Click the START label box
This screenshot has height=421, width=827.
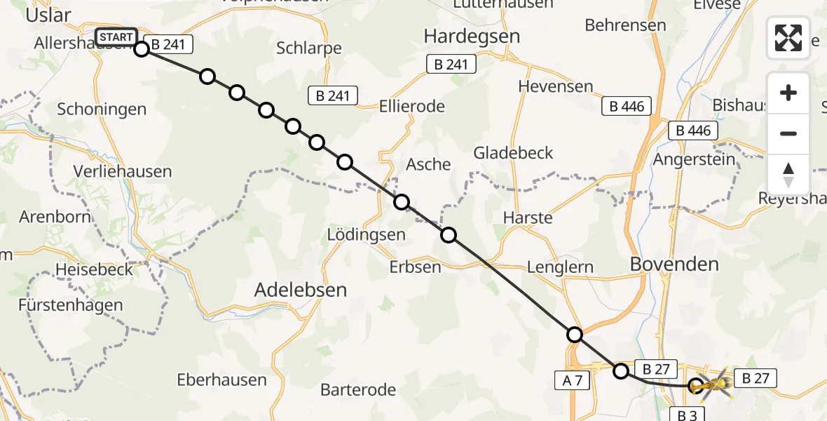point(116,37)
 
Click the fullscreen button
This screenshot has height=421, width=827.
point(788,38)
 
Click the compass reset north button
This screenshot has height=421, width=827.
point(788,175)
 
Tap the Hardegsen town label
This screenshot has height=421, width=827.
point(471,36)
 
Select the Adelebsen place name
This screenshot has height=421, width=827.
point(301,290)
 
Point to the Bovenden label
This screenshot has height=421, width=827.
point(674,265)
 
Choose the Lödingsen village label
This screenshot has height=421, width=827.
point(367,235)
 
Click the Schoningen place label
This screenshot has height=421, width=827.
point(102,109)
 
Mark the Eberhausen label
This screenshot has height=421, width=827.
point(221,380)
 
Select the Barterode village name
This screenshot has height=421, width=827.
point(358,389)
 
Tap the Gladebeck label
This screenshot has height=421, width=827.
point(513,153)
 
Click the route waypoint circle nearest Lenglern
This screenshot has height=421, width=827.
point(575,335)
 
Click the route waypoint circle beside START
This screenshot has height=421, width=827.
point(142,48)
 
